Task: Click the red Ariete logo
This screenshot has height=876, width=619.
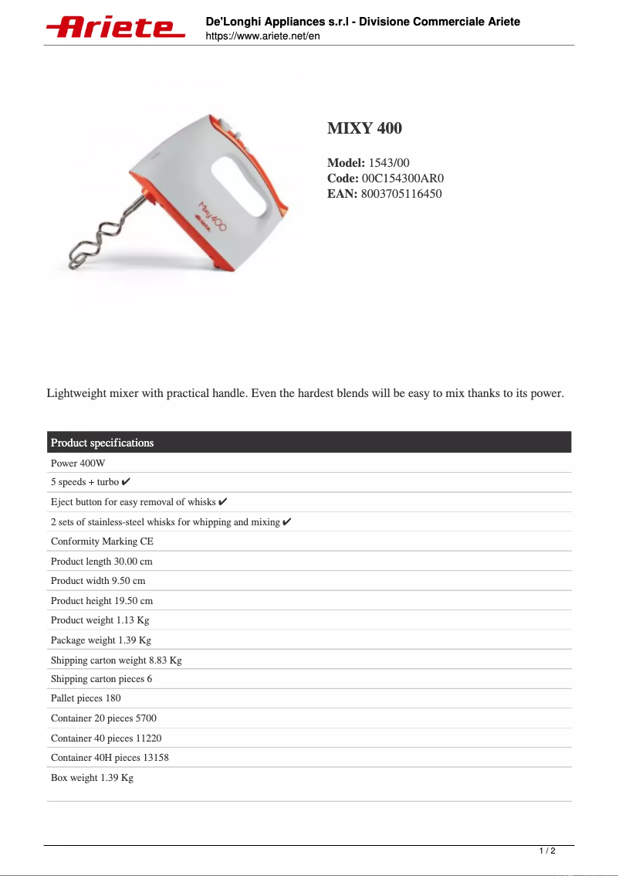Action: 116,28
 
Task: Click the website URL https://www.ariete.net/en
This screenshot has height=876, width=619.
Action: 262,36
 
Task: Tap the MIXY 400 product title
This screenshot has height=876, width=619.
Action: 364,128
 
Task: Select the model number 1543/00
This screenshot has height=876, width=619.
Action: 389,163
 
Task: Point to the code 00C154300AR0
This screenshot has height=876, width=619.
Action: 403,178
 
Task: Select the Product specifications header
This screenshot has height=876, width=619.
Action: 102,443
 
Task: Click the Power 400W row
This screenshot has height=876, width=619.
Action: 78,463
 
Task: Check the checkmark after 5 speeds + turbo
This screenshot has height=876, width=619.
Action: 127,482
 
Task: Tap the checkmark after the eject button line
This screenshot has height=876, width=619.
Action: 223,501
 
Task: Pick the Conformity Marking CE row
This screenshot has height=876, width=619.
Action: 102,542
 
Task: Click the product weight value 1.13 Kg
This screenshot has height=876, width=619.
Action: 132,620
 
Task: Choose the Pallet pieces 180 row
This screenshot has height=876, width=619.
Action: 86,698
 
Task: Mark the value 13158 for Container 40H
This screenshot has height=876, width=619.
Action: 156,758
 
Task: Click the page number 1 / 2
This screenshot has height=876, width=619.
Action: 547,851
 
